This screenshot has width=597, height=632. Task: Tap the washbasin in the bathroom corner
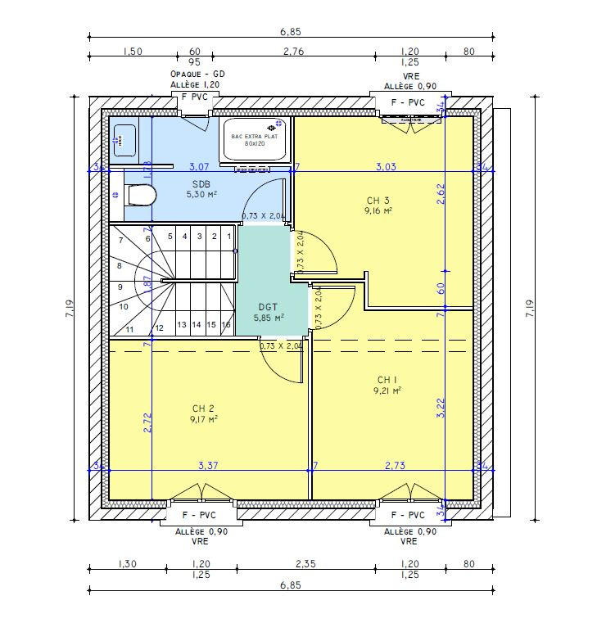[x=124, y=139]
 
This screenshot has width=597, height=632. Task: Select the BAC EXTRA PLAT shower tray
[x=256, y=140]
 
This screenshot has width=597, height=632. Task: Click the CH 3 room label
[x=378, y=201]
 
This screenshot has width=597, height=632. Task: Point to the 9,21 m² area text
[x=386, y=391]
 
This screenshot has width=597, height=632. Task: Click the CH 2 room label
[x=204, y=409]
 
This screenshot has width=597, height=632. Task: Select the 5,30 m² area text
[x=200, y=195]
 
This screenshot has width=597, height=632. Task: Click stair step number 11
[x=129, y=329]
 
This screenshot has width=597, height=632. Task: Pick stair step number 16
[x=224, y=325]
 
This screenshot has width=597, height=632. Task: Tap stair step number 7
[x=120, y=241]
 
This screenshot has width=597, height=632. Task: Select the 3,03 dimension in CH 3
[x=386, y=166]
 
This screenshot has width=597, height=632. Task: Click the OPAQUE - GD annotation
[x=197, y=74]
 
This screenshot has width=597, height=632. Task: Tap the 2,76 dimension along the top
[x=293, y=51]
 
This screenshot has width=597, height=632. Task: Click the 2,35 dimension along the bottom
[x=305, y=563]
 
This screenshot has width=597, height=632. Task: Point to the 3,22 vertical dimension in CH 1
[x=441, y=409]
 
